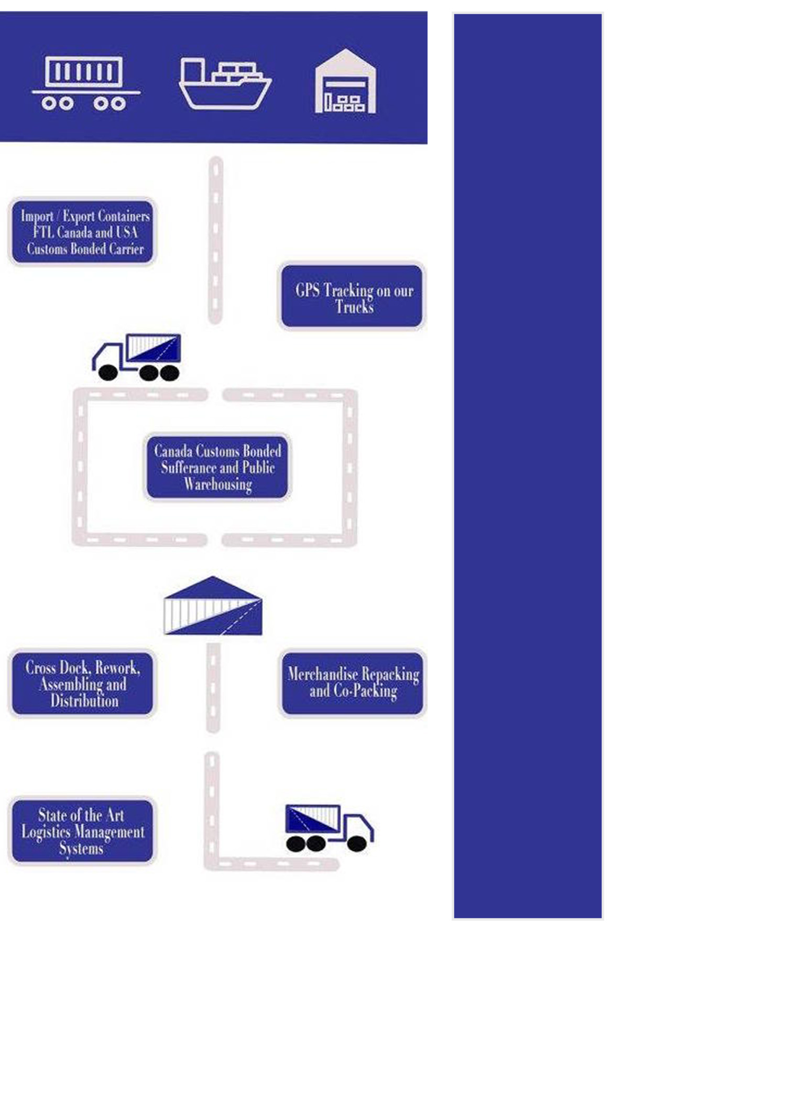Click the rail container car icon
click(x=85, y=83)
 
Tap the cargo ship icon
click(x=225, y=84)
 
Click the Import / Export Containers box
click(x=83, y=232)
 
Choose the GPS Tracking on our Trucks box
click(x=352, y=297)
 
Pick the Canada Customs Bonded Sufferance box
click(x=217, y=467)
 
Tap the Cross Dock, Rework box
click(x=82, y=684)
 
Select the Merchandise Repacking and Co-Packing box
click(x=352, y=683)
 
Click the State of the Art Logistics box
click(x=82, y=831)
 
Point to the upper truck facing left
click(x=137, y=357)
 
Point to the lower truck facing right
click(x=329, y=828)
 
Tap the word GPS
click(x=307, y=290)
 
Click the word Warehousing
click(x=218, y=484)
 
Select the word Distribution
click(x=84, y=701)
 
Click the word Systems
click(x=81, y=848)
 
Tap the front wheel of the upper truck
click(x=108, y=372)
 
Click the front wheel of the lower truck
click(x=357, y=844)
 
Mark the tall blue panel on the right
click(x=527, y=466)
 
